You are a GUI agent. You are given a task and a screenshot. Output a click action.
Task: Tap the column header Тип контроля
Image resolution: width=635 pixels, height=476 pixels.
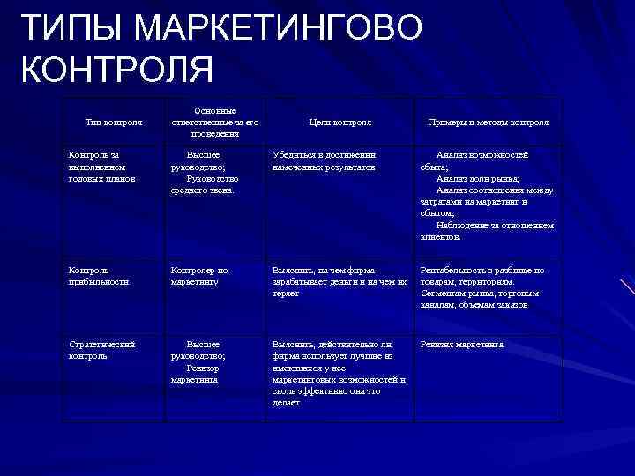[x=112, y=122]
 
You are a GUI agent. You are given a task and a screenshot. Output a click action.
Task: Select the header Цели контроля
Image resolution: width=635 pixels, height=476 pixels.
[x=340, y=122]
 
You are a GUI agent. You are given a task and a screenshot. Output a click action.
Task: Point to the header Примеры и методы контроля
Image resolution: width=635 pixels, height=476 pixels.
[x=487, y=122]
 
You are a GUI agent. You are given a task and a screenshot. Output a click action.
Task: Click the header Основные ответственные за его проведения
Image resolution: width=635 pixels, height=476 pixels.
[x=214, y=122]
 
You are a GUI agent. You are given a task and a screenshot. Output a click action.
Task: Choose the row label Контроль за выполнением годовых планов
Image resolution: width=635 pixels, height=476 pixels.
[x=101, y=166]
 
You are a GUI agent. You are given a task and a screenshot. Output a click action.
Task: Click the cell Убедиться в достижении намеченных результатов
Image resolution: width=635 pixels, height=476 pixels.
[x=325, y=160]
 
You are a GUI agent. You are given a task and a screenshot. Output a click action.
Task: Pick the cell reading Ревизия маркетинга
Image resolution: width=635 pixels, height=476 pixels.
[x=461, y=345]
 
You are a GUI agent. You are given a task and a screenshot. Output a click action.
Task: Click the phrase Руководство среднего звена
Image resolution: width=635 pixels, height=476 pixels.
[x=204, y=183]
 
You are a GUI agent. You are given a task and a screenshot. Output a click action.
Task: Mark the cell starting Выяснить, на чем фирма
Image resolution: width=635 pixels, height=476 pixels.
[x=339, y=281]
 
